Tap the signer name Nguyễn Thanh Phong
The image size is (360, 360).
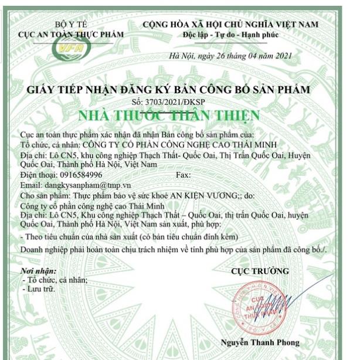click(260, 342)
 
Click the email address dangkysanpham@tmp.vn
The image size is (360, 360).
click(88, 185)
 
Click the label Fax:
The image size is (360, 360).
click(184, 175)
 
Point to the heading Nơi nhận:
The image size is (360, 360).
click(39, 271)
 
